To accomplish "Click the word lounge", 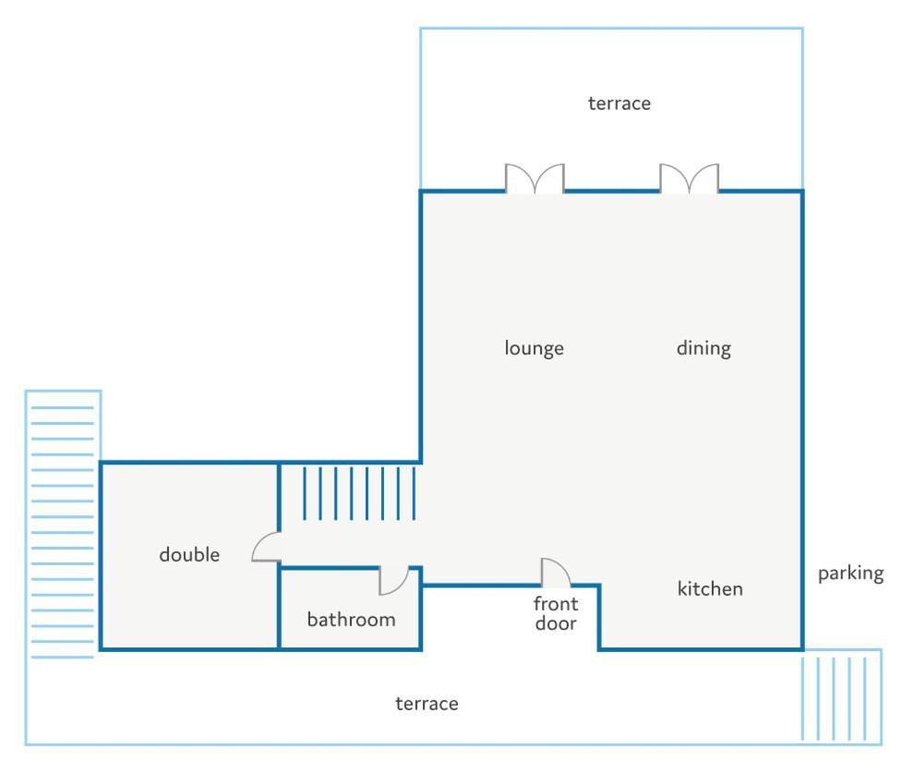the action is pos(534,348).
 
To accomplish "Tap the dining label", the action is pos(704,348).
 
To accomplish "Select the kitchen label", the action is pos(710,588).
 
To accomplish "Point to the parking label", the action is pos(851,574).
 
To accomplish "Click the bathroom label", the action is pos(351,620).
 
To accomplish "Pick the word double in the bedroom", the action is pos(189,554).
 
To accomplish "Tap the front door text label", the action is pos(556,613).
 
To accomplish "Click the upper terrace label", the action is pos(619,103).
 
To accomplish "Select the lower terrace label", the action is pos(427,704).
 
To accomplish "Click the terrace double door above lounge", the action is pos(535,177).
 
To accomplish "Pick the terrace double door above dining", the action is pos(689,177).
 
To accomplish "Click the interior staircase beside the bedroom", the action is pos(359,493).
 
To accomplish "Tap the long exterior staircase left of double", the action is pos(63,532).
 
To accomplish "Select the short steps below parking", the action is pos(841,697).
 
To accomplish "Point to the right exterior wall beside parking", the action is pos(802,420).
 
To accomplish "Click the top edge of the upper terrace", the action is pos(611,29).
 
